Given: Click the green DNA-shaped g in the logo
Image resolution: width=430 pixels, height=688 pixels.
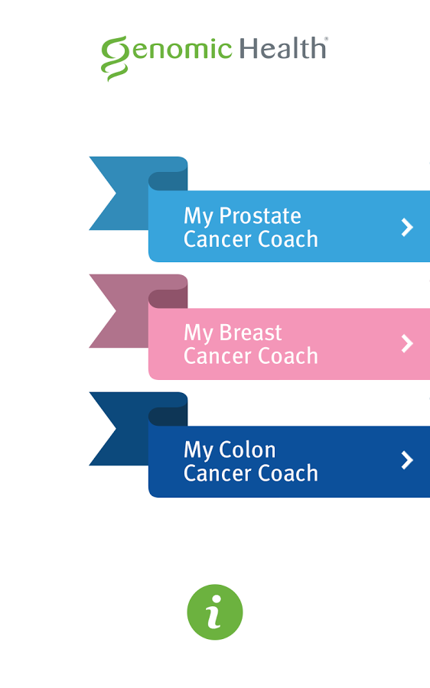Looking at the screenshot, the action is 114,58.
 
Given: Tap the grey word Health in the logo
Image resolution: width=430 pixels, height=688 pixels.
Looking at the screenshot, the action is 283,48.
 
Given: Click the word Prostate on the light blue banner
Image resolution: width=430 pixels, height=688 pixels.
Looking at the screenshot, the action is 260,216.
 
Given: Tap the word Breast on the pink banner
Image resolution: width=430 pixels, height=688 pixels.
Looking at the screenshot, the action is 250,333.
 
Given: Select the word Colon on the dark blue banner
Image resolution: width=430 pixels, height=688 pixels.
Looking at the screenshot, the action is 247,449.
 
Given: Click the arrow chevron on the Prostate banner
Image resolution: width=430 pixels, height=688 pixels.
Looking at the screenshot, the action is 407,227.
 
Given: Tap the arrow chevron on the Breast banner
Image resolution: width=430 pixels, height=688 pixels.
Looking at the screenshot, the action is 407,343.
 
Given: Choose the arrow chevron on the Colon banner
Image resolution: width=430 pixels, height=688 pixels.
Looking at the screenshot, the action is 407,460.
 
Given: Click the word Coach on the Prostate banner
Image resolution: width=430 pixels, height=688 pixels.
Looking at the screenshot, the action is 288,239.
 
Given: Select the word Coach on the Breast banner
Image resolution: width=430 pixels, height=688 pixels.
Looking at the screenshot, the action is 288,355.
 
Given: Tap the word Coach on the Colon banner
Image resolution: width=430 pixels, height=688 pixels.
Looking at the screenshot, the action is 288,473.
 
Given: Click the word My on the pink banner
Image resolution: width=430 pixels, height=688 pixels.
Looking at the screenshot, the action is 198,334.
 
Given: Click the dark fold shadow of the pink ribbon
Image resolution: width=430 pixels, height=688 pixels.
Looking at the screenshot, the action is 168,299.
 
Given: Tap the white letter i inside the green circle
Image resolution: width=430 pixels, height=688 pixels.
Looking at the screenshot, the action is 214,612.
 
